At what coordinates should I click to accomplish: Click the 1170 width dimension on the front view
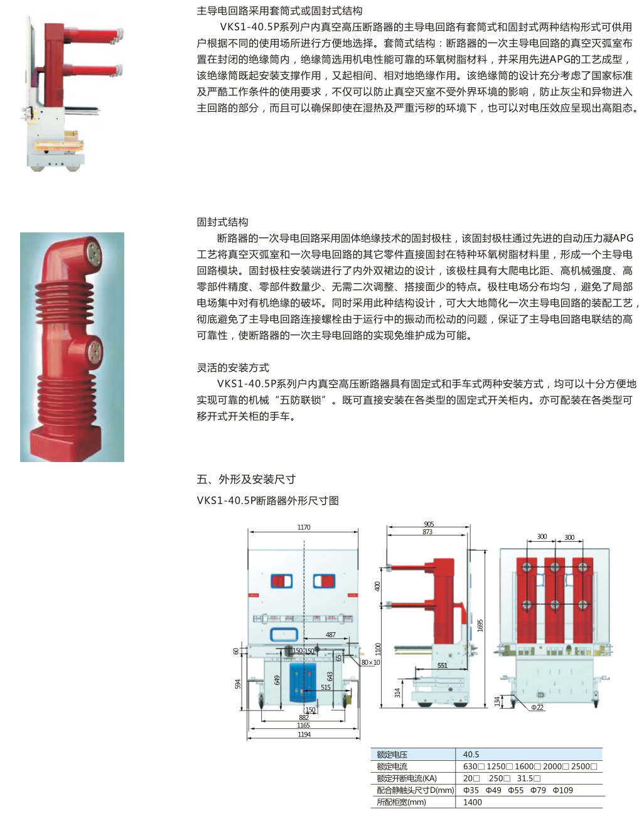[x=303, y=527]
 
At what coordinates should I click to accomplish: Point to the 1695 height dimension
[x=480, y=625]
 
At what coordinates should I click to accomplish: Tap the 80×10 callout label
[x=371, y=662]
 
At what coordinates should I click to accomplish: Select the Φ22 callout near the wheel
[x=537, y=708]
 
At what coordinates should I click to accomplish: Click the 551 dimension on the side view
[x=442, y=665]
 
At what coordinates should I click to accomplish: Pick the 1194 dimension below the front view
[x=304, y=735]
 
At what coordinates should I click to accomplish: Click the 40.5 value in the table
[x=471, y=755]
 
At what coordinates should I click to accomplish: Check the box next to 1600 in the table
[x=537, y=767]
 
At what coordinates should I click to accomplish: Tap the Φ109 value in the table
[x=562, y=790]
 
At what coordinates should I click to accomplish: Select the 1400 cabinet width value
[x=472, y=802]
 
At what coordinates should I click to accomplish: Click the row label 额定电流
[x=392, y=767]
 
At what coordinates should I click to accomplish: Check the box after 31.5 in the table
[x=537, y=778]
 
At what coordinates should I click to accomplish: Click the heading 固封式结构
[x=222, y=222]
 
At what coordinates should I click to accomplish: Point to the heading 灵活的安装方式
[x=233, y=367]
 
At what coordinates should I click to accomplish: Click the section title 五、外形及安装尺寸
[x=246, y=479]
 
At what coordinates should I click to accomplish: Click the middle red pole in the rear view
[x=554, y=600]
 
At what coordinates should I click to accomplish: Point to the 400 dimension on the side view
[x=377, y=586]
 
